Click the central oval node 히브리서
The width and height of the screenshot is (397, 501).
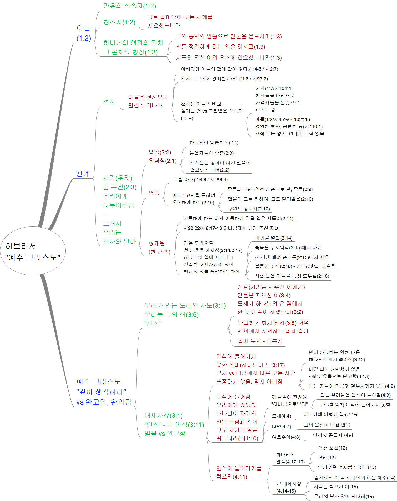click(x=33, y=251)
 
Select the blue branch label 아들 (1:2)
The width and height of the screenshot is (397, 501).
click(x=84, y=33)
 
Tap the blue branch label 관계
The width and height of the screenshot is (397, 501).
click(x=83, y=173)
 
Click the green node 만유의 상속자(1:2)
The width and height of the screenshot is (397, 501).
click(x=130, y=6)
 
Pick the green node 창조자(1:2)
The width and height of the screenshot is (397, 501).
click(x=119, y=22)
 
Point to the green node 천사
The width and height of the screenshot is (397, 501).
click(x=109, y=101)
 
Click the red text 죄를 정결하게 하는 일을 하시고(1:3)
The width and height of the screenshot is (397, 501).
click(x=221, y=47)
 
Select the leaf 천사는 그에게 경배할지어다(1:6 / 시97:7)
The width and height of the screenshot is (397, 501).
click(x=225, y=79)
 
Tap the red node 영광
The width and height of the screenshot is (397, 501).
click(x=154, y=193)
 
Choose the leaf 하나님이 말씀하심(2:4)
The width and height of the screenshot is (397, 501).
click(x=214, y=143)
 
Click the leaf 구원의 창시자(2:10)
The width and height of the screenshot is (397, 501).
click(x=249, y=209)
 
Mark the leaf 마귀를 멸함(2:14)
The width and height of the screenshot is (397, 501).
click(x=274, y=238)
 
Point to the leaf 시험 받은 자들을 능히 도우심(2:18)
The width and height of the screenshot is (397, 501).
click(x=292, y=276)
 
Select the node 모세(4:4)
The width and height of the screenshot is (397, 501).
click(x=281, y=416)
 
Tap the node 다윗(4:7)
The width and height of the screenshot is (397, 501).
click(x=281, y=427)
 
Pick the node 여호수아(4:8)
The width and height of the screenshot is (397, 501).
click(x=286, y=437)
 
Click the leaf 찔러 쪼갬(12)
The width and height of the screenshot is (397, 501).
click(x=333, y=448)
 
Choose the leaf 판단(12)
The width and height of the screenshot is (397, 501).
click(x=327, y=458)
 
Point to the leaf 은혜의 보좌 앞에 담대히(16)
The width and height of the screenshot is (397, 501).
click(x=344, y=497)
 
